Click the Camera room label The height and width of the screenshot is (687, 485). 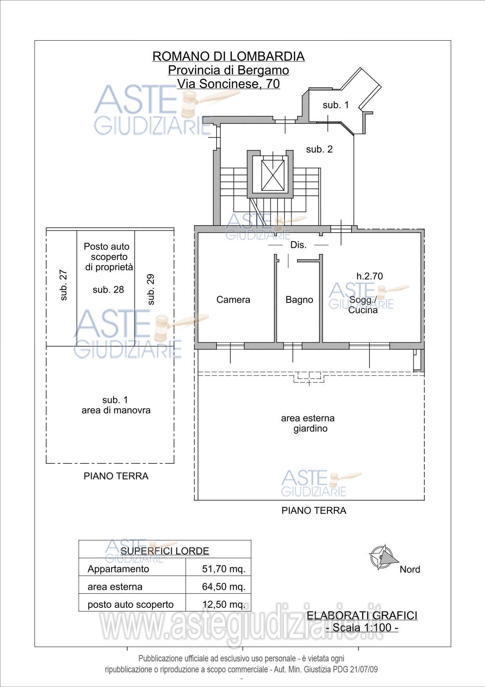233,300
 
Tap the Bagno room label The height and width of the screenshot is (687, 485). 299,300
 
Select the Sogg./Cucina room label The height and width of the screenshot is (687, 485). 363,305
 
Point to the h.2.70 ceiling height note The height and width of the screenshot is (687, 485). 370,276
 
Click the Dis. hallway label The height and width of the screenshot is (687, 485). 298,245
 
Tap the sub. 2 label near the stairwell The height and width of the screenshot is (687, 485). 319,149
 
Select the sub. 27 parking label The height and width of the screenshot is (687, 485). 63,285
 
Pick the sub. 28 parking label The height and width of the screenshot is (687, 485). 108,289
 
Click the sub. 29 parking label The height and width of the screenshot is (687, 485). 151,289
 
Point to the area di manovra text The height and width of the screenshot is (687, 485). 116,410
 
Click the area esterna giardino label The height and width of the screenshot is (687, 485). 308,423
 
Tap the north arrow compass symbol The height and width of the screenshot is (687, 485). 382,557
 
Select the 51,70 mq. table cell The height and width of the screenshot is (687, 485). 224,569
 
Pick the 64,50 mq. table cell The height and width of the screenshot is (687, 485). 224,587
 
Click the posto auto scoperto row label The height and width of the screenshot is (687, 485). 130,604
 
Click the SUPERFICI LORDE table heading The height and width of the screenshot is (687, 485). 165,551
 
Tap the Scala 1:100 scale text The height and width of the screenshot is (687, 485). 362,627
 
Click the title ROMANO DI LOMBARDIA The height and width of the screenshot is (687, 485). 229,56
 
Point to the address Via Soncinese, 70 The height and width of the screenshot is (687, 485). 229,84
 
